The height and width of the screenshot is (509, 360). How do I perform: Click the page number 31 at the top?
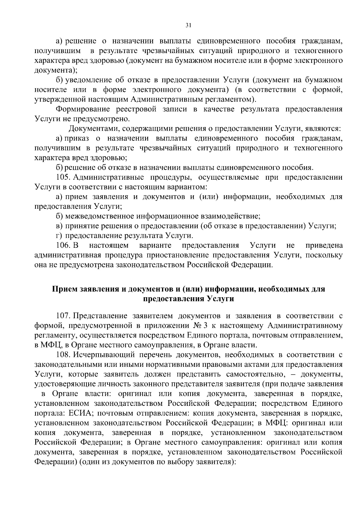[188, 26]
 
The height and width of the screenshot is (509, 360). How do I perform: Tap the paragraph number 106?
[63, 245]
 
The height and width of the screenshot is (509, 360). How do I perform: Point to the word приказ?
[77, 138]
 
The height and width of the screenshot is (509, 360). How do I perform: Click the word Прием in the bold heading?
[65, 289]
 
